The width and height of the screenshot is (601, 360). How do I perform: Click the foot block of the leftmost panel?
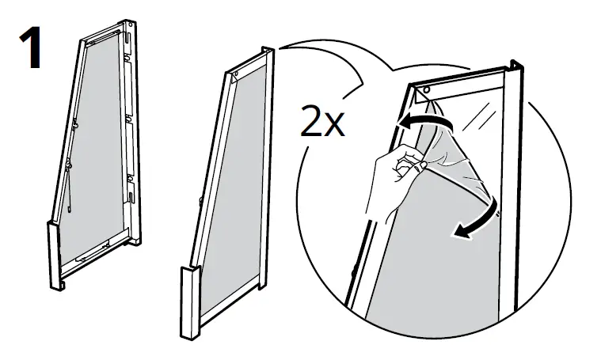[x=55, y=257]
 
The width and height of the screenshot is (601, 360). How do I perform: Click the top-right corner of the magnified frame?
[x=519, y=63]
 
